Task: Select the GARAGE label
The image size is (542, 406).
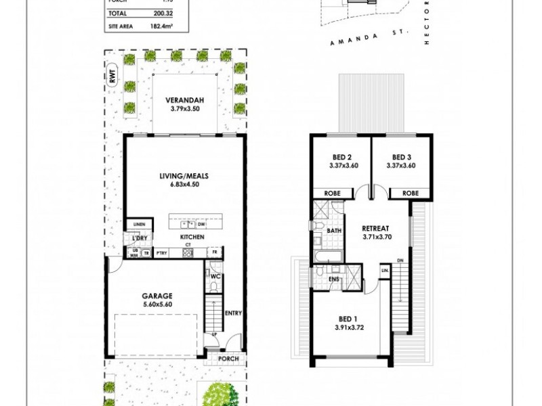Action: coord(157,295)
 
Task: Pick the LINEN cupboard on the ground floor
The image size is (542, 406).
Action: coord(139,224)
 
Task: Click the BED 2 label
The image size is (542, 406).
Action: coord(339,154)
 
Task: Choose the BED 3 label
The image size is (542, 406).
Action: coord(400,154)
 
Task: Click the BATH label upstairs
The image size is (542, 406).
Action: coord(333,231)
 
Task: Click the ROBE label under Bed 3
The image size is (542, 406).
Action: coord(411,193)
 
